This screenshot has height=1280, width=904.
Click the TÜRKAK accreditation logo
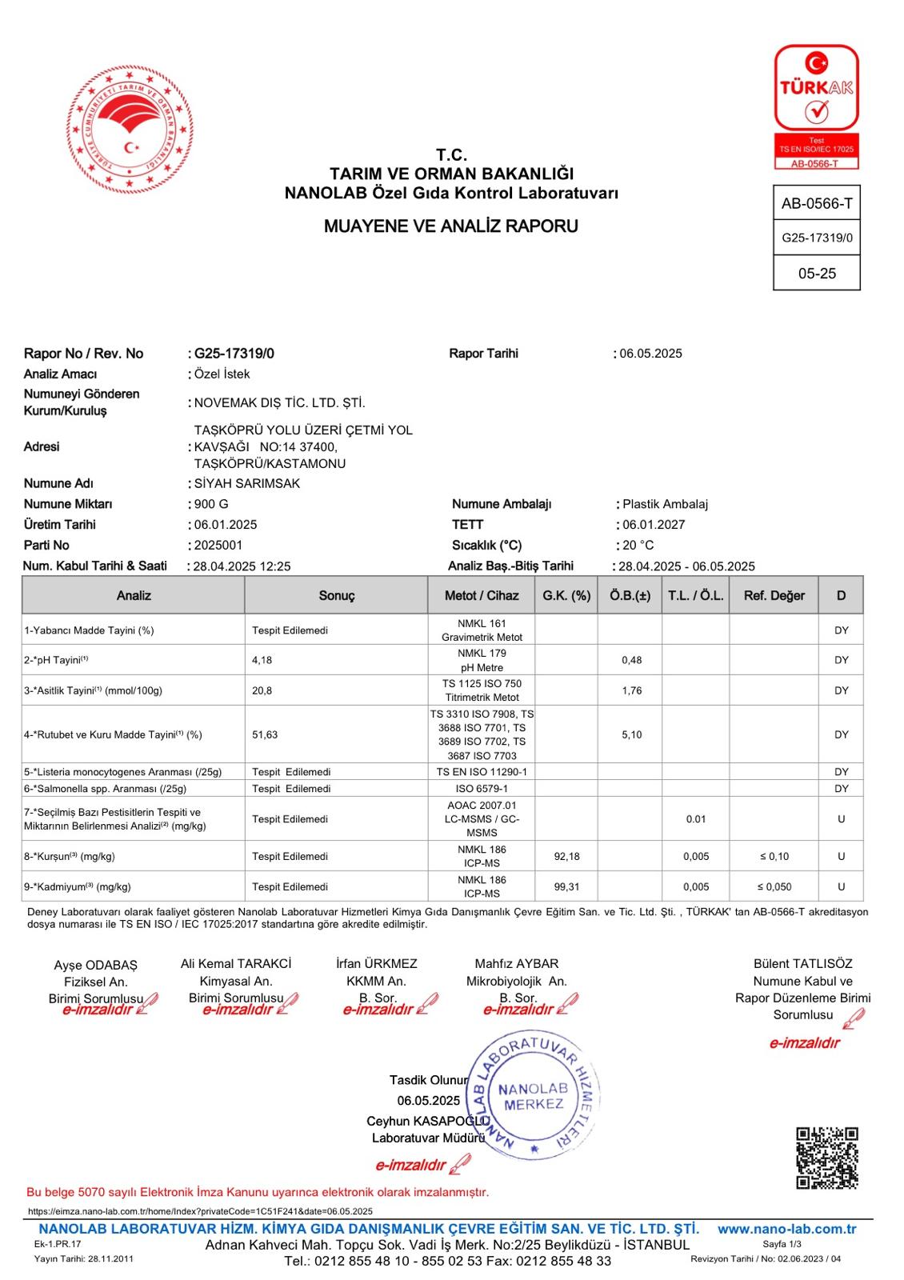tap(816, 106)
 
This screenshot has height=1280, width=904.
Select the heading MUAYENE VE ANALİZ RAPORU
tap(450, 226)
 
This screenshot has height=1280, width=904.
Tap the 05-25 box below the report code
tap(817, 274)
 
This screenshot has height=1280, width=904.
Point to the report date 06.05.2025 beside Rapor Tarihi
tap(650, 354)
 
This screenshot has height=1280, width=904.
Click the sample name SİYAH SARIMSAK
tap(247, 484)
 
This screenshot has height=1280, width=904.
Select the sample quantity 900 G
tap(211, 505)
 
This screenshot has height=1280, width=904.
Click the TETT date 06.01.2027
tap(654, 525)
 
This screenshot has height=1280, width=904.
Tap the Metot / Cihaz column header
tap(482, 596)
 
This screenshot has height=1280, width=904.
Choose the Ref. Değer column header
tap(774, 596)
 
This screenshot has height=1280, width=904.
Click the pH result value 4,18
tap(262, 661)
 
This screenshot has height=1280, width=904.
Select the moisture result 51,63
tap(265, 735)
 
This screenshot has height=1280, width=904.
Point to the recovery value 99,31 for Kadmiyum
tap(566, 887)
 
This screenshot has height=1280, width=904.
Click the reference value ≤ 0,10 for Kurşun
tap(774, 857)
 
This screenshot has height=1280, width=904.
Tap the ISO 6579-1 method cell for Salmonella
tap(482, 789)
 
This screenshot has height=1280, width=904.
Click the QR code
tap(827, 1158)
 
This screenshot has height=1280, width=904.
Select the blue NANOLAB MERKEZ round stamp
tap(532, 1096)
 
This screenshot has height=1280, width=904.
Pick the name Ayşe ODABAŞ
tap(96, 966)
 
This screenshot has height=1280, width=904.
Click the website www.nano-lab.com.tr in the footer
tap(786, 1230)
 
